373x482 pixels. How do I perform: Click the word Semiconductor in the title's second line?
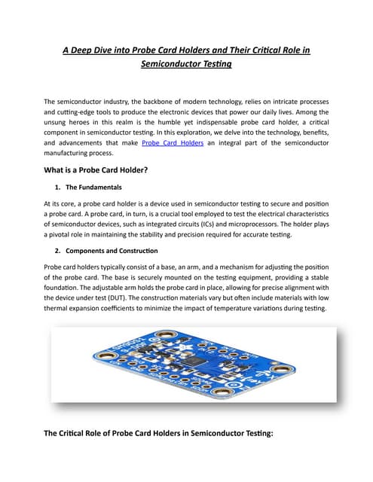tap(173, 65)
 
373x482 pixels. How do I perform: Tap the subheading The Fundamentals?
tap(93, 187)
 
